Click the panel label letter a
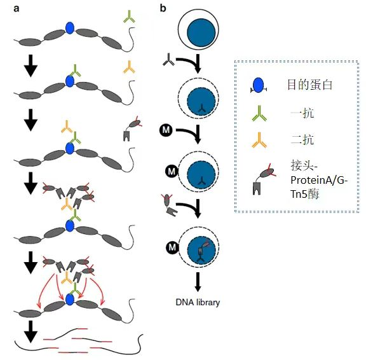click(16, 9)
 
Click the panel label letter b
click(163, 8)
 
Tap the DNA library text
click(198, 302)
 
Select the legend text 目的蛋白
click(309, 85)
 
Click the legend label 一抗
click(302, 113)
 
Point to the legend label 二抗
click(302, 139)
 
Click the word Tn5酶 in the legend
click(304, 194)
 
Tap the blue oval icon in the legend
click(259, 85)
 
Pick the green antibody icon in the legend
click(259, 113)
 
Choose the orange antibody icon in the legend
click(259, 140)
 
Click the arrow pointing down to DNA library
click(198, 282)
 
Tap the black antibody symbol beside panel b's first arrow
click(168, 60)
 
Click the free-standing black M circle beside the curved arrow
click(166, 130)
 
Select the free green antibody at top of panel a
click(129, 17)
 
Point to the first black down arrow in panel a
click(31, 66)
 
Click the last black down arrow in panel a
click(31, 331)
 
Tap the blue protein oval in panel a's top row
click(70, 28)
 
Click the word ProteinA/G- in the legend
click(319, 180)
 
